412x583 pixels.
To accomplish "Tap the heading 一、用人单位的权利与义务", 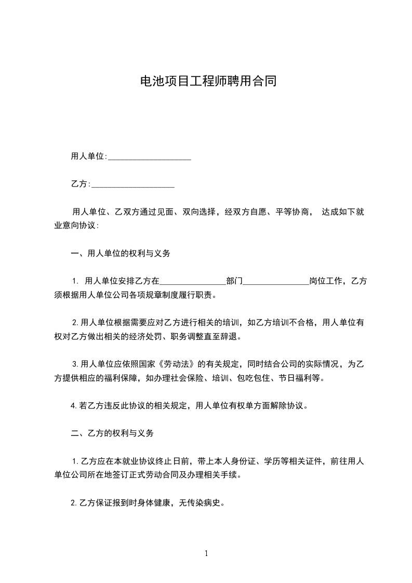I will click(x=121, y=254).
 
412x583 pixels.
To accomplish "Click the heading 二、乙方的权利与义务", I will click(x=112, y=433).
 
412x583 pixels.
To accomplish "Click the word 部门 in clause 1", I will click(x=234, y=282).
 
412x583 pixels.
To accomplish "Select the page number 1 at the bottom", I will click(x=206, y=553).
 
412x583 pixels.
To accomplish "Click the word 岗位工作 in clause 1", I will click(x=326, y=282).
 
